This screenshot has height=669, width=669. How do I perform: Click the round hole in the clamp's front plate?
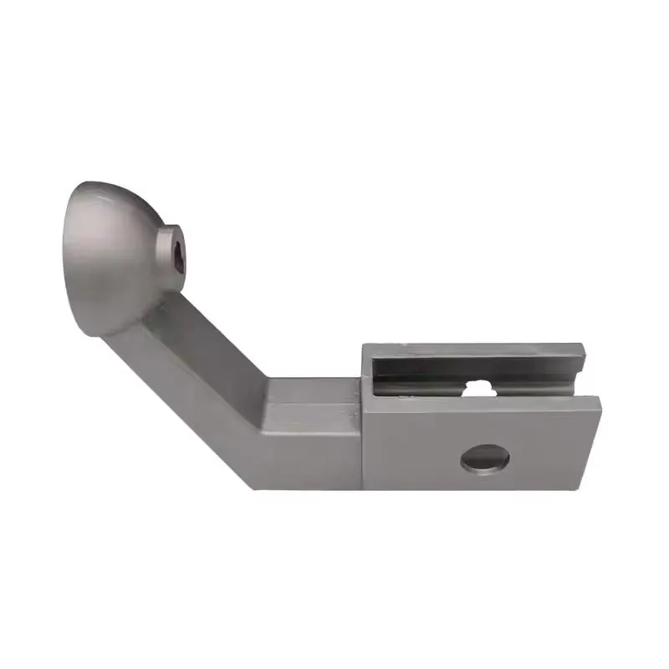(485, 458)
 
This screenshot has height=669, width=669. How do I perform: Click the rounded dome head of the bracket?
(109, 251)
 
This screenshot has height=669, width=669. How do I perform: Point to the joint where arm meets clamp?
(363, 418)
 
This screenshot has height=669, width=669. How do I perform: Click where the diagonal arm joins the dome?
(146, 314)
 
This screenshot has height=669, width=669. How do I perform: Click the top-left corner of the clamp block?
(364, 345)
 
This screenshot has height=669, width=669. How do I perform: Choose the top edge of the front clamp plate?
(485, 398)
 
